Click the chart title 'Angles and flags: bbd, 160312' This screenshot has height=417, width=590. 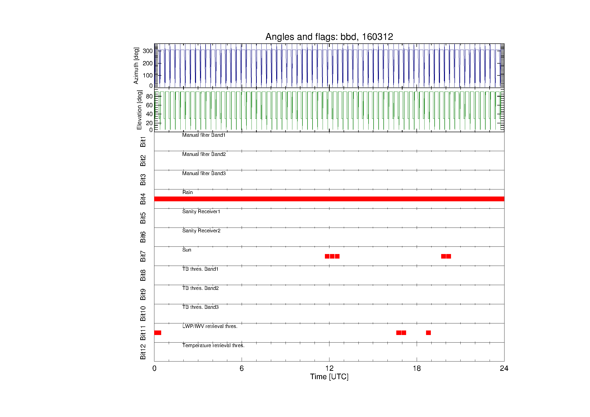(329, 37)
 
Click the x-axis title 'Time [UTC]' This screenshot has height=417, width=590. (329, 377)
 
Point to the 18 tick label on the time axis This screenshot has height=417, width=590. (416, 369)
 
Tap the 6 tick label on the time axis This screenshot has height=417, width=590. (242, 369)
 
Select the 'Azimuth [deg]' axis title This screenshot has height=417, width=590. (136, 66)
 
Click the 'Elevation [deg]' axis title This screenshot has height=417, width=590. (139, 110)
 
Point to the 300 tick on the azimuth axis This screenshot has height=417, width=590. (148, 51)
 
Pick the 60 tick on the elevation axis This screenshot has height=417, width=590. (149, 105)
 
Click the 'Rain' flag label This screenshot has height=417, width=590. (187, 192)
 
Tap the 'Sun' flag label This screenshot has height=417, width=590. (187, 250)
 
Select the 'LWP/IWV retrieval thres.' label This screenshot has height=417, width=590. (210, 326)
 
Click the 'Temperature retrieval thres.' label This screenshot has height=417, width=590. (213, 345)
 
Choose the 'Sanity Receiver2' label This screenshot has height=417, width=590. (201, 231)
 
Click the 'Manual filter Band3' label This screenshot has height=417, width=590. (204, 173)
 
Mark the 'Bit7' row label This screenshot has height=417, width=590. (143, 256)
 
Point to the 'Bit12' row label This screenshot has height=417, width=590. (143, 352)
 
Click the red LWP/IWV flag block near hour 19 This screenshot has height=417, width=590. (428, 333)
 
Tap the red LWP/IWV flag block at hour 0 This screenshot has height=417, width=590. (157, 333)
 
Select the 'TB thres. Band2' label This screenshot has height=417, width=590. (201, 288)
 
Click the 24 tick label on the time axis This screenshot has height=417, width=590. (504, 369)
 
